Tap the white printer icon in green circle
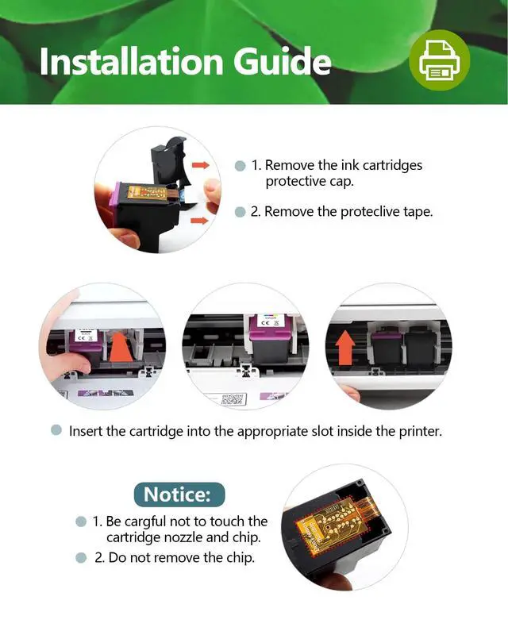439,61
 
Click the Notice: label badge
179,495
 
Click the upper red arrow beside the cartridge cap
201,165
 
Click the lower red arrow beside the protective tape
199,221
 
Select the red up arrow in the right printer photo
345,348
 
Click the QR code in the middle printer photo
233,400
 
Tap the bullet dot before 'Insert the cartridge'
56,430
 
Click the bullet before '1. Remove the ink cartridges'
241,166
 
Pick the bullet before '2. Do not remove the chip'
81,558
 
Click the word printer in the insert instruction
420,431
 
